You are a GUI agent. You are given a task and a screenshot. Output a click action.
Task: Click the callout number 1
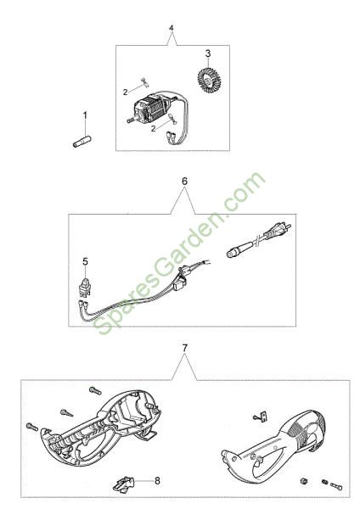pyautogui.click(x=85, y=115)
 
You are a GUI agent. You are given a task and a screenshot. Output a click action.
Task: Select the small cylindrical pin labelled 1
pyautogui.click(x=82, y=143)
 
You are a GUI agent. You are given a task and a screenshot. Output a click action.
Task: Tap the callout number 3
pyautogui.click(x=208, y=53)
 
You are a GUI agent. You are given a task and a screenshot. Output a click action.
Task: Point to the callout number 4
pyautogui.click(x=172, y=28)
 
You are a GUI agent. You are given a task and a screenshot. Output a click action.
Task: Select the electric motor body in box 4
pyautogui.click(x=153, y=109)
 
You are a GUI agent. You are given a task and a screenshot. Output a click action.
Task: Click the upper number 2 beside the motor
pyautogui.click(x=126, y=92)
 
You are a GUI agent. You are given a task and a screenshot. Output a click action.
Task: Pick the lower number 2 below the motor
pyautogui.click(x=153, y=129)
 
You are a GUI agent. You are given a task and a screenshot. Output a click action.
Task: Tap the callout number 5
pyautogui.click(x=85, y=261)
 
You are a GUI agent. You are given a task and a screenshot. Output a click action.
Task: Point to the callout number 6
pyautogui.click(x=184, y=182)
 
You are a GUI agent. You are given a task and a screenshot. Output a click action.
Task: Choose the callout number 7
pyautogui.click(x=184, y=349)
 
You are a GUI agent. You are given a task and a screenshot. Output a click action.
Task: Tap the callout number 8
pyautogui.click(x=157, y=480)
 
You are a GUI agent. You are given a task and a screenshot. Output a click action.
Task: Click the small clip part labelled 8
pyautogui.click(x=123, y=484)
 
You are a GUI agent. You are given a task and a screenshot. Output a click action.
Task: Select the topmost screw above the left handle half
pyautogui.click(x=95, y=390)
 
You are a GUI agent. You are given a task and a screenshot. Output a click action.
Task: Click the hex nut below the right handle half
pyautogui.click(x=305, y=481)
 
